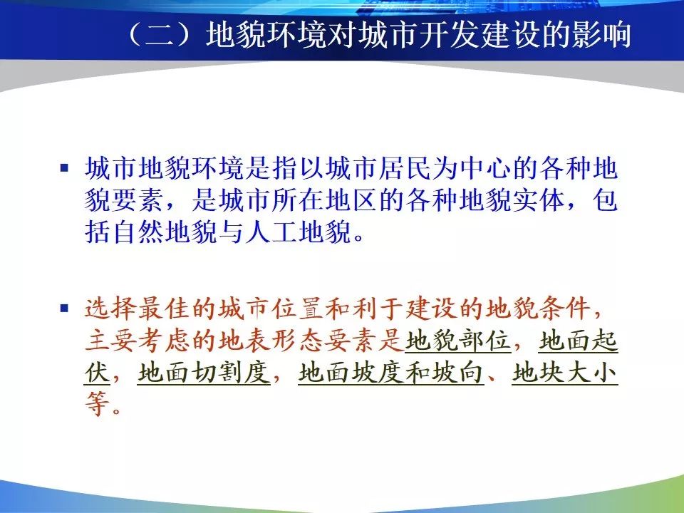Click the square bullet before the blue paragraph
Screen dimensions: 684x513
click(65, 167)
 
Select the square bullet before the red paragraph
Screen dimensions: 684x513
click(65, 309)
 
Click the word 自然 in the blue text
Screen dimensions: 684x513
click(138, 232)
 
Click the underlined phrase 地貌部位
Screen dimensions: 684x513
click(458, 341)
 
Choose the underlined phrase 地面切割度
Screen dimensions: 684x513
click(204, 373)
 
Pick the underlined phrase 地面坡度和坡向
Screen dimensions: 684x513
click(391, 373)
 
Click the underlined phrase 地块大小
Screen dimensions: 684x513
click(565, 373)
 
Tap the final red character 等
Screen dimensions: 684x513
click(98, 404)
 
